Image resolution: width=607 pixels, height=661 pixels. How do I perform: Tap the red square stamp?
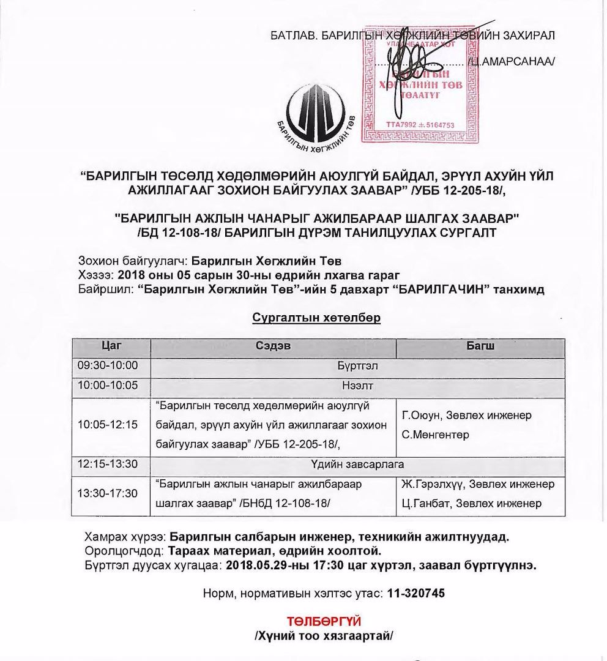click(x=420, y=84)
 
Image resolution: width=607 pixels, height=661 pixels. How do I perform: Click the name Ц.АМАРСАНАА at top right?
click(x=511, y=61)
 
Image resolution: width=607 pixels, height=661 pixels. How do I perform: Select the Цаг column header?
click(x=111, y=346)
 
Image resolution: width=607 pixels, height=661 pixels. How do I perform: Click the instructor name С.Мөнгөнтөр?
click(x=436, y=435)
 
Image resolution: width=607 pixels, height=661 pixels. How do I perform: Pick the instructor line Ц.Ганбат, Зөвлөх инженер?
click(x=471, y=504)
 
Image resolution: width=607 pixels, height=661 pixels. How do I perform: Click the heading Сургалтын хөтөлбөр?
click(x=316, y=318)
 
